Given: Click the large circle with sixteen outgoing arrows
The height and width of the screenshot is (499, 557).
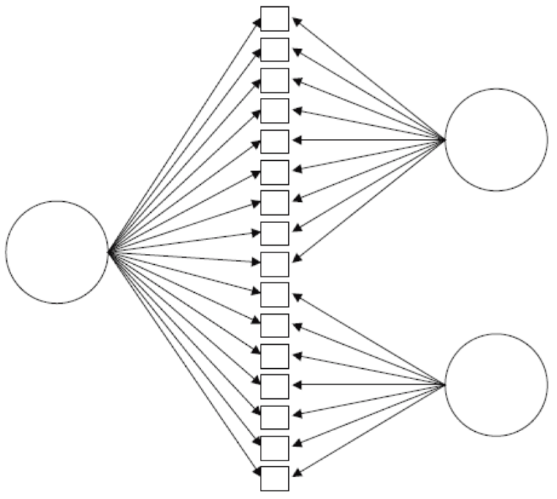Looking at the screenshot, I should click(x=57, y=252).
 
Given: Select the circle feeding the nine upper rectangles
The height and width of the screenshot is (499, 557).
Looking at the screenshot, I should click(x=496, y=139).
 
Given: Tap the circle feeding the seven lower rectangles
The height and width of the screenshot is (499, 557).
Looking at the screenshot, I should click(x=496, y=384).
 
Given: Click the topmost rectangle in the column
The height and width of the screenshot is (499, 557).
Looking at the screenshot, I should click(x=274, y=19).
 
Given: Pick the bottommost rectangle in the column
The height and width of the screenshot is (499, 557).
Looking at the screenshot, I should click(x=274, y=478).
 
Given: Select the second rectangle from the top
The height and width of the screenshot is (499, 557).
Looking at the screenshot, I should click(x=274, y=49).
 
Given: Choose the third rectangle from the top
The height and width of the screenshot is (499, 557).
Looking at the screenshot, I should click(x=274, y=80).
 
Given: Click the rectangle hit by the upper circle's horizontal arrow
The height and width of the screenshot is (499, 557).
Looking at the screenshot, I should click(x=274, y=141).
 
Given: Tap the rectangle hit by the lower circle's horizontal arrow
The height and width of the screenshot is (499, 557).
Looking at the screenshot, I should click(x=274, y=386).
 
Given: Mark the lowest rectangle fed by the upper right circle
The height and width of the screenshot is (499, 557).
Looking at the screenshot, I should click(x=274, y=264).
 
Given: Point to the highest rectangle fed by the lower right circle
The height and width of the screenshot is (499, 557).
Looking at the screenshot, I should click(x=274, y=294).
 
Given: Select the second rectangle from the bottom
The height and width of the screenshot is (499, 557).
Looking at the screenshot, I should click(x=274, y=448).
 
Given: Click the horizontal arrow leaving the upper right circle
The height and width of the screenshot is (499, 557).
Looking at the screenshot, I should click(x=369, y=139).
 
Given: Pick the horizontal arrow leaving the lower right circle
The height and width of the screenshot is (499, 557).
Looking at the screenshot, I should click(x=369, y=384).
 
